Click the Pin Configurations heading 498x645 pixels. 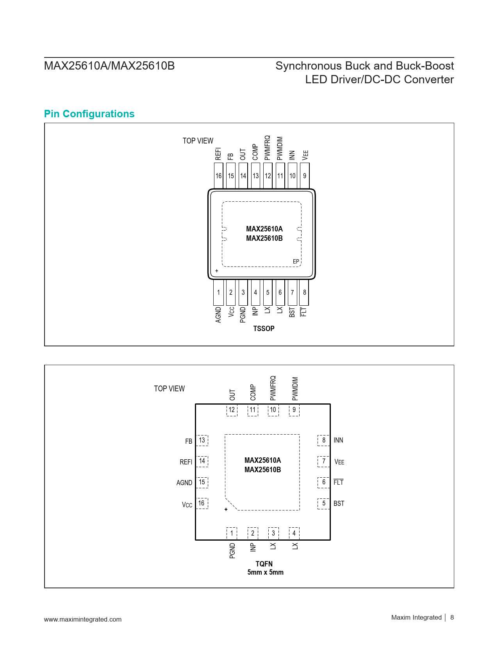click(x=89, y=114)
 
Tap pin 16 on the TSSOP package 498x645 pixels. click(x=219, y=176)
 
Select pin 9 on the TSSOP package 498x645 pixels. click(x=305, y=176)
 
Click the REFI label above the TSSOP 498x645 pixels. click(x=218, y=154)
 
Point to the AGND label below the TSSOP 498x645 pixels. click(x=218, y=315)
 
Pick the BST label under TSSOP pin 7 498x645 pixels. click(x=292, y=312)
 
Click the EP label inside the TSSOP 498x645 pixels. click(x=296, y=261)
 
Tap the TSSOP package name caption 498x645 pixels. click(x=264, y=328)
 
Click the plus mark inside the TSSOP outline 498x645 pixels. click(x=216, y=271)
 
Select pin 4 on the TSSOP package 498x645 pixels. click(x=255, y=292)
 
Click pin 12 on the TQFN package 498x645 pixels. click(x=232, y=410)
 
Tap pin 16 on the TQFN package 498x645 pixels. click(x=202, y=503)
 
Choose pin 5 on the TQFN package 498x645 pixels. click(x=323, y=503)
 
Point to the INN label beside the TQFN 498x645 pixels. click(x=338, y=440)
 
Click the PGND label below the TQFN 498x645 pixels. click(x=232, y=551)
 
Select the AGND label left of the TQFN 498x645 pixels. click(x=184, y=483)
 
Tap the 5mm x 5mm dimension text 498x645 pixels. click(x=265, y=572)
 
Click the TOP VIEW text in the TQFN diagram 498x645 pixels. click(x=169, y=389)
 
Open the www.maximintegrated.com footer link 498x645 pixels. click(x=83, y=619)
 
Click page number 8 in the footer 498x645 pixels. click(x=452, y=617)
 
